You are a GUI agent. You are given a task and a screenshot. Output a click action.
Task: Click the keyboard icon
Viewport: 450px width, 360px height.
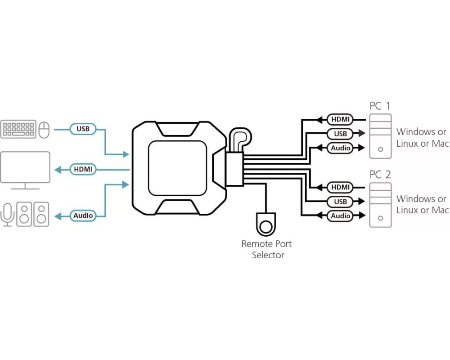[18, 129]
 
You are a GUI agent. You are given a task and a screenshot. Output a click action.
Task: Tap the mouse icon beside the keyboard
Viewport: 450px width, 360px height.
[44, 130]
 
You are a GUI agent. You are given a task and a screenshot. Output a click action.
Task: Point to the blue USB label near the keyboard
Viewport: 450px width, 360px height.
[83, 129]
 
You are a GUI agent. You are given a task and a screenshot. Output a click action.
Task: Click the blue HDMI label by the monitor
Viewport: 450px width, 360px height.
[83, 170]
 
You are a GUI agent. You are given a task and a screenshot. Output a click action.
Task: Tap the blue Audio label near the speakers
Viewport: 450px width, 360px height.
[83, 216]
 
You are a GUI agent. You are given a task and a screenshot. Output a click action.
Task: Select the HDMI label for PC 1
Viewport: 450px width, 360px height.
[340, 120]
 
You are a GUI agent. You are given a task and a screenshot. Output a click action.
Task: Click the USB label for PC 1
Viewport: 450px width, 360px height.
[340, 134]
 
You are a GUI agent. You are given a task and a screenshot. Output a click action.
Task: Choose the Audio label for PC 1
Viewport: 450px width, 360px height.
[340, 148]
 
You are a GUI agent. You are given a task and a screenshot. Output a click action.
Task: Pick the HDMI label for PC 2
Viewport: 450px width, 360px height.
[340, 187]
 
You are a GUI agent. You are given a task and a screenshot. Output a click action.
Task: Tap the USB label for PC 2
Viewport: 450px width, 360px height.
[340, 202]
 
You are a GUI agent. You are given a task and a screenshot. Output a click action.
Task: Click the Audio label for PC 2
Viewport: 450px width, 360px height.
[340, 216]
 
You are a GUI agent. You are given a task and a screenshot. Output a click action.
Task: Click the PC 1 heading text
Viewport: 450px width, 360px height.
[380, 106]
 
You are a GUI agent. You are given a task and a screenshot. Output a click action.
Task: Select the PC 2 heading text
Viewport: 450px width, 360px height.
[380, 175]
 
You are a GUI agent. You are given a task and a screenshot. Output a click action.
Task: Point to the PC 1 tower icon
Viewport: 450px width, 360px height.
[380, 136]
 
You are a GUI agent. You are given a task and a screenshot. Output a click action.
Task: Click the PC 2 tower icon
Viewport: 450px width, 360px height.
[380, 205]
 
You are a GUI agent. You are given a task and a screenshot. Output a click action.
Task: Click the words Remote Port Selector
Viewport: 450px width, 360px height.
[267, 249]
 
